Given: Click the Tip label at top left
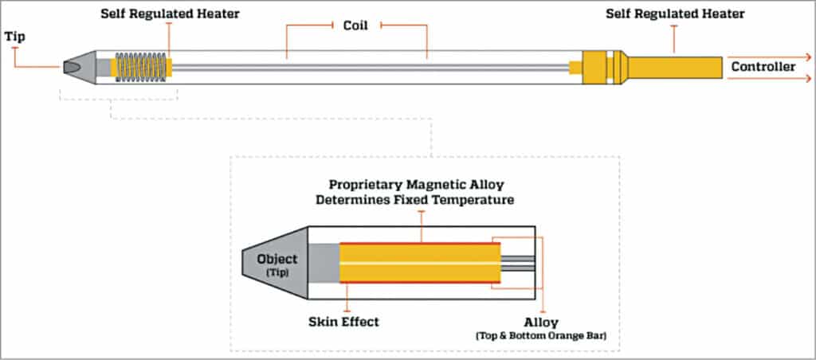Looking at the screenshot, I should (x=15, y=36).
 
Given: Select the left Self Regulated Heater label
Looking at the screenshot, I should (x=170, y=14).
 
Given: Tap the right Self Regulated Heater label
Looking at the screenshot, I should (x=675, y=14).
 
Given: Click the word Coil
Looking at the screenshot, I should (x=356, y=25).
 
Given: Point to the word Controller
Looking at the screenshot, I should (x=763, y=67).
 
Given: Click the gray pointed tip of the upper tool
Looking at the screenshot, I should (x=77, y=67).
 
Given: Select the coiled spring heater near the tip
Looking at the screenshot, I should (x=142, y=67).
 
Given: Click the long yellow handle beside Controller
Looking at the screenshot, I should (x=676, y=67).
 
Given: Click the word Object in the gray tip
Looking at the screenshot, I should (x=277, y=259).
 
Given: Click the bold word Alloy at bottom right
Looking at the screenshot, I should (x=542, y=323).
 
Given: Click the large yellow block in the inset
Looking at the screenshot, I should (x=419, y=263).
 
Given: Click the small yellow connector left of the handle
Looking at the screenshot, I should (x=575, y=67).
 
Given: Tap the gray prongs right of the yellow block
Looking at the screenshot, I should (x=517, y=263).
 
